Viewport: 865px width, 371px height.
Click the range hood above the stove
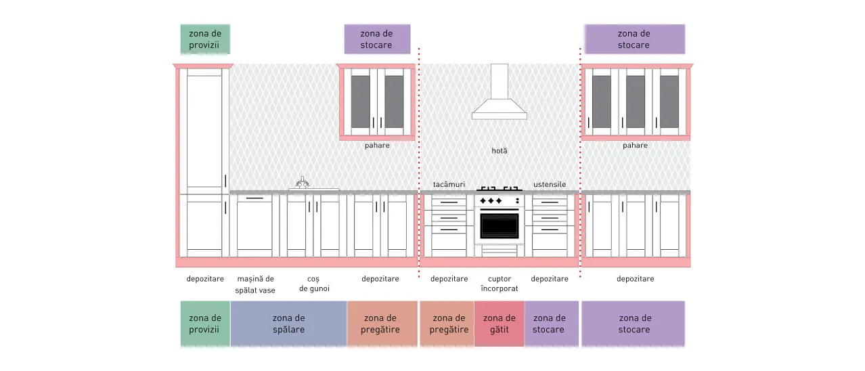[500, 93]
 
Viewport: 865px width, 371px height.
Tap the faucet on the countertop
[303, 182]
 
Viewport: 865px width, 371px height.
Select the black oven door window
[500, 226]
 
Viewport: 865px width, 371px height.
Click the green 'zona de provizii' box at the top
[205, 39]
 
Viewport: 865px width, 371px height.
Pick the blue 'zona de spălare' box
[288, 324]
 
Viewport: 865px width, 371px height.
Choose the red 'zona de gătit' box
[499, 324]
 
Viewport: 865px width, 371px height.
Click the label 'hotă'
[500, 150]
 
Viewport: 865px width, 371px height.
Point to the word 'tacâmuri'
[449, 185]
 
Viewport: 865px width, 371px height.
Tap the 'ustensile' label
[550, 185]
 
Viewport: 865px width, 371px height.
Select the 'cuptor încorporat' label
[500, 284]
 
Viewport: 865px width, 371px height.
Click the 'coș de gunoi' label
[314, 284]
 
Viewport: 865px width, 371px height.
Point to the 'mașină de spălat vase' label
[255, 284]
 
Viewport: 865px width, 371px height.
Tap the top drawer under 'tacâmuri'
[449, 202]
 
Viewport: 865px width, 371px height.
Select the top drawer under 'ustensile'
[550, 202]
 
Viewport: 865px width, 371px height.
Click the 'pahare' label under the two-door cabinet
[377, 146]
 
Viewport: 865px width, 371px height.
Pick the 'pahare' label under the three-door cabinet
[635, 146]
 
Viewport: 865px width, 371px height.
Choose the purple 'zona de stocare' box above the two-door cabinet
[377, 39]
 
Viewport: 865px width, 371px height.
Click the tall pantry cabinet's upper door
[204, 131]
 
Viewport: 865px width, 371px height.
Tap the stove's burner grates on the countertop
[500, 189]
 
